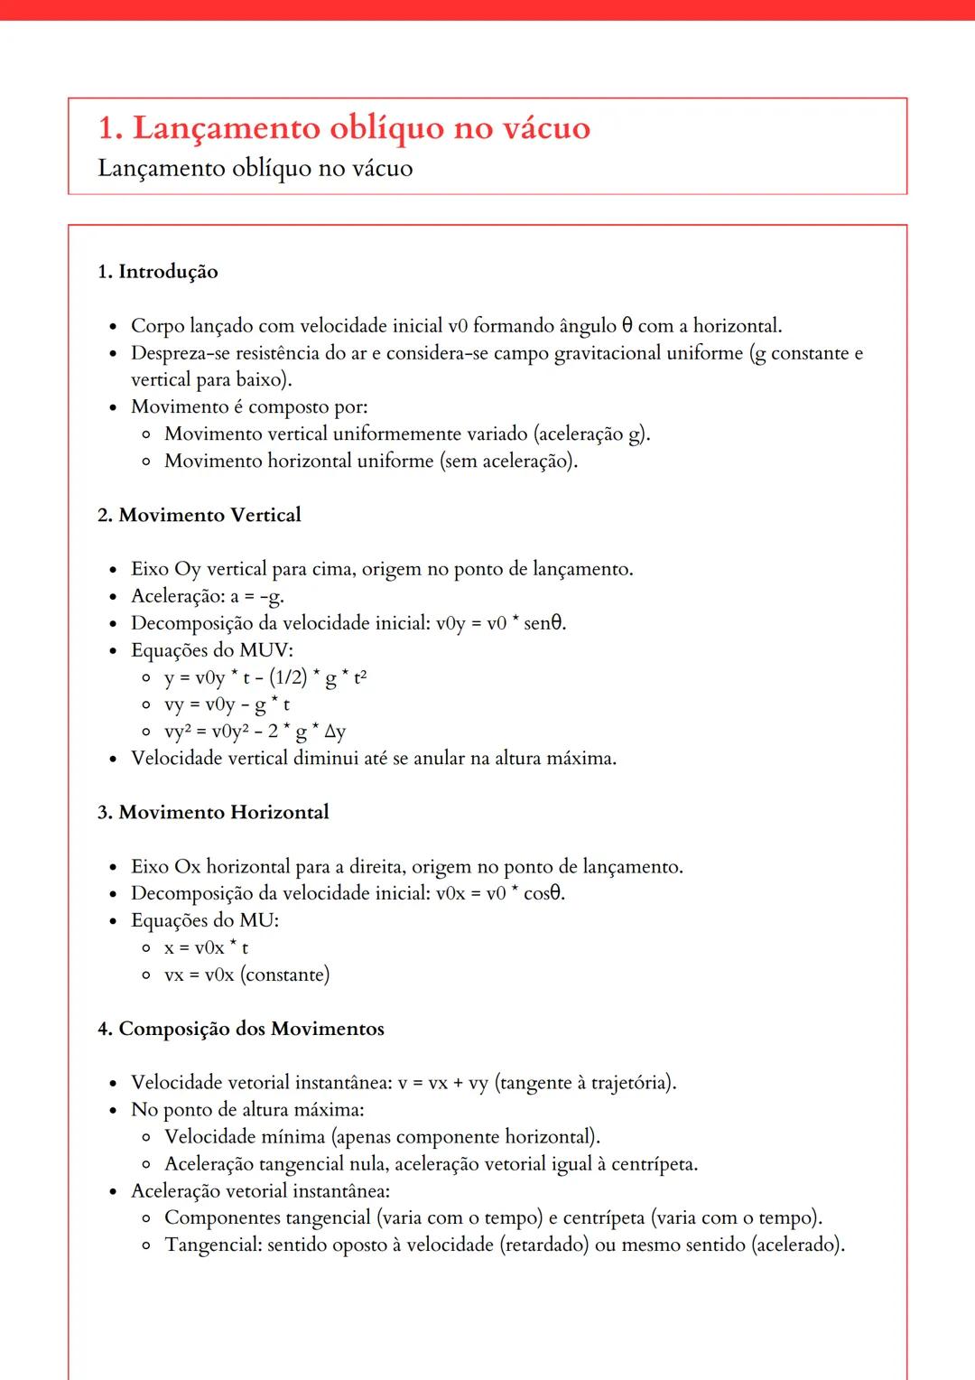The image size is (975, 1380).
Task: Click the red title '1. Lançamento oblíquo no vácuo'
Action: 343,128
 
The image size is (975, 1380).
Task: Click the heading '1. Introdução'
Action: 158,272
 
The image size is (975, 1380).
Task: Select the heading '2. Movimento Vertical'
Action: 200,515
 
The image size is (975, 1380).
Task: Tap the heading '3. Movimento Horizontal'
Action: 213,812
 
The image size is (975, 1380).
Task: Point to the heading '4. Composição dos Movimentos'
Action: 241,1029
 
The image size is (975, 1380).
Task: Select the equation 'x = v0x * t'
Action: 206,947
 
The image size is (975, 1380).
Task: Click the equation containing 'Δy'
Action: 255,732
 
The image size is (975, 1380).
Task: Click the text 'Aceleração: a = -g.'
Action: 208,596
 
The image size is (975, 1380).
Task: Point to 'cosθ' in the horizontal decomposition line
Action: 543,893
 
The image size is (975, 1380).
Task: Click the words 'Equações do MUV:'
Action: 212,650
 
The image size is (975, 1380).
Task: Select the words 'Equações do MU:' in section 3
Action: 205,920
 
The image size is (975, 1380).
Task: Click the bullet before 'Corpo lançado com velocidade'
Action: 113,327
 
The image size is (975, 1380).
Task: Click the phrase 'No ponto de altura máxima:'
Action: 247,1110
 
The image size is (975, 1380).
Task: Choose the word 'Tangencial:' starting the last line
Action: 213,1245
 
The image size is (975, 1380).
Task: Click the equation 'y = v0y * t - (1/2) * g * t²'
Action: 265,677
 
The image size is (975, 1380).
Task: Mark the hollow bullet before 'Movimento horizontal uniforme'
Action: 146,462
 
